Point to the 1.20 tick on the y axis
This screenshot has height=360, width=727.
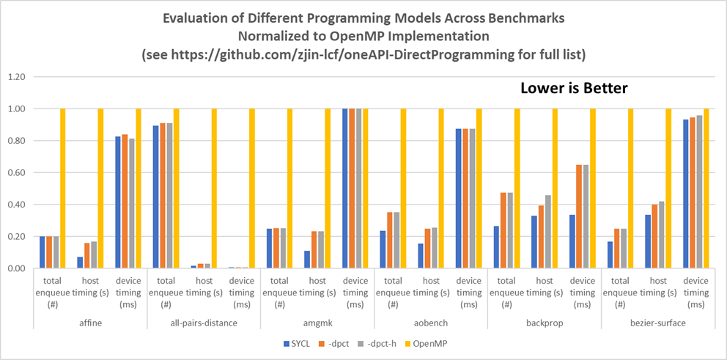tap(17, 77)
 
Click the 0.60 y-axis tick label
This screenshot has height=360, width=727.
tap(17, 173)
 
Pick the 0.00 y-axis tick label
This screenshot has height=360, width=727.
tap(17, 269)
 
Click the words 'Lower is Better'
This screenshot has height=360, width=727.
tap(574, 89)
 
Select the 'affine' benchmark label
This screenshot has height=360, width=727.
tap(90, 322)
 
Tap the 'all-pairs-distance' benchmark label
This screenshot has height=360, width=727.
tap(203, 322)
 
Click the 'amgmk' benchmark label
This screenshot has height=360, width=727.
tap(317, 322)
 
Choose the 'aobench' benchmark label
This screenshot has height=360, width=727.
tap(430, 322)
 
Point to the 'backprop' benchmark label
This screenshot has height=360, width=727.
tap(544, 322)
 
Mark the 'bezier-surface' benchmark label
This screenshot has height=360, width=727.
tap(657, 322)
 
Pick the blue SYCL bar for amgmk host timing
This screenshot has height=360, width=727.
tap(307, 260)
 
